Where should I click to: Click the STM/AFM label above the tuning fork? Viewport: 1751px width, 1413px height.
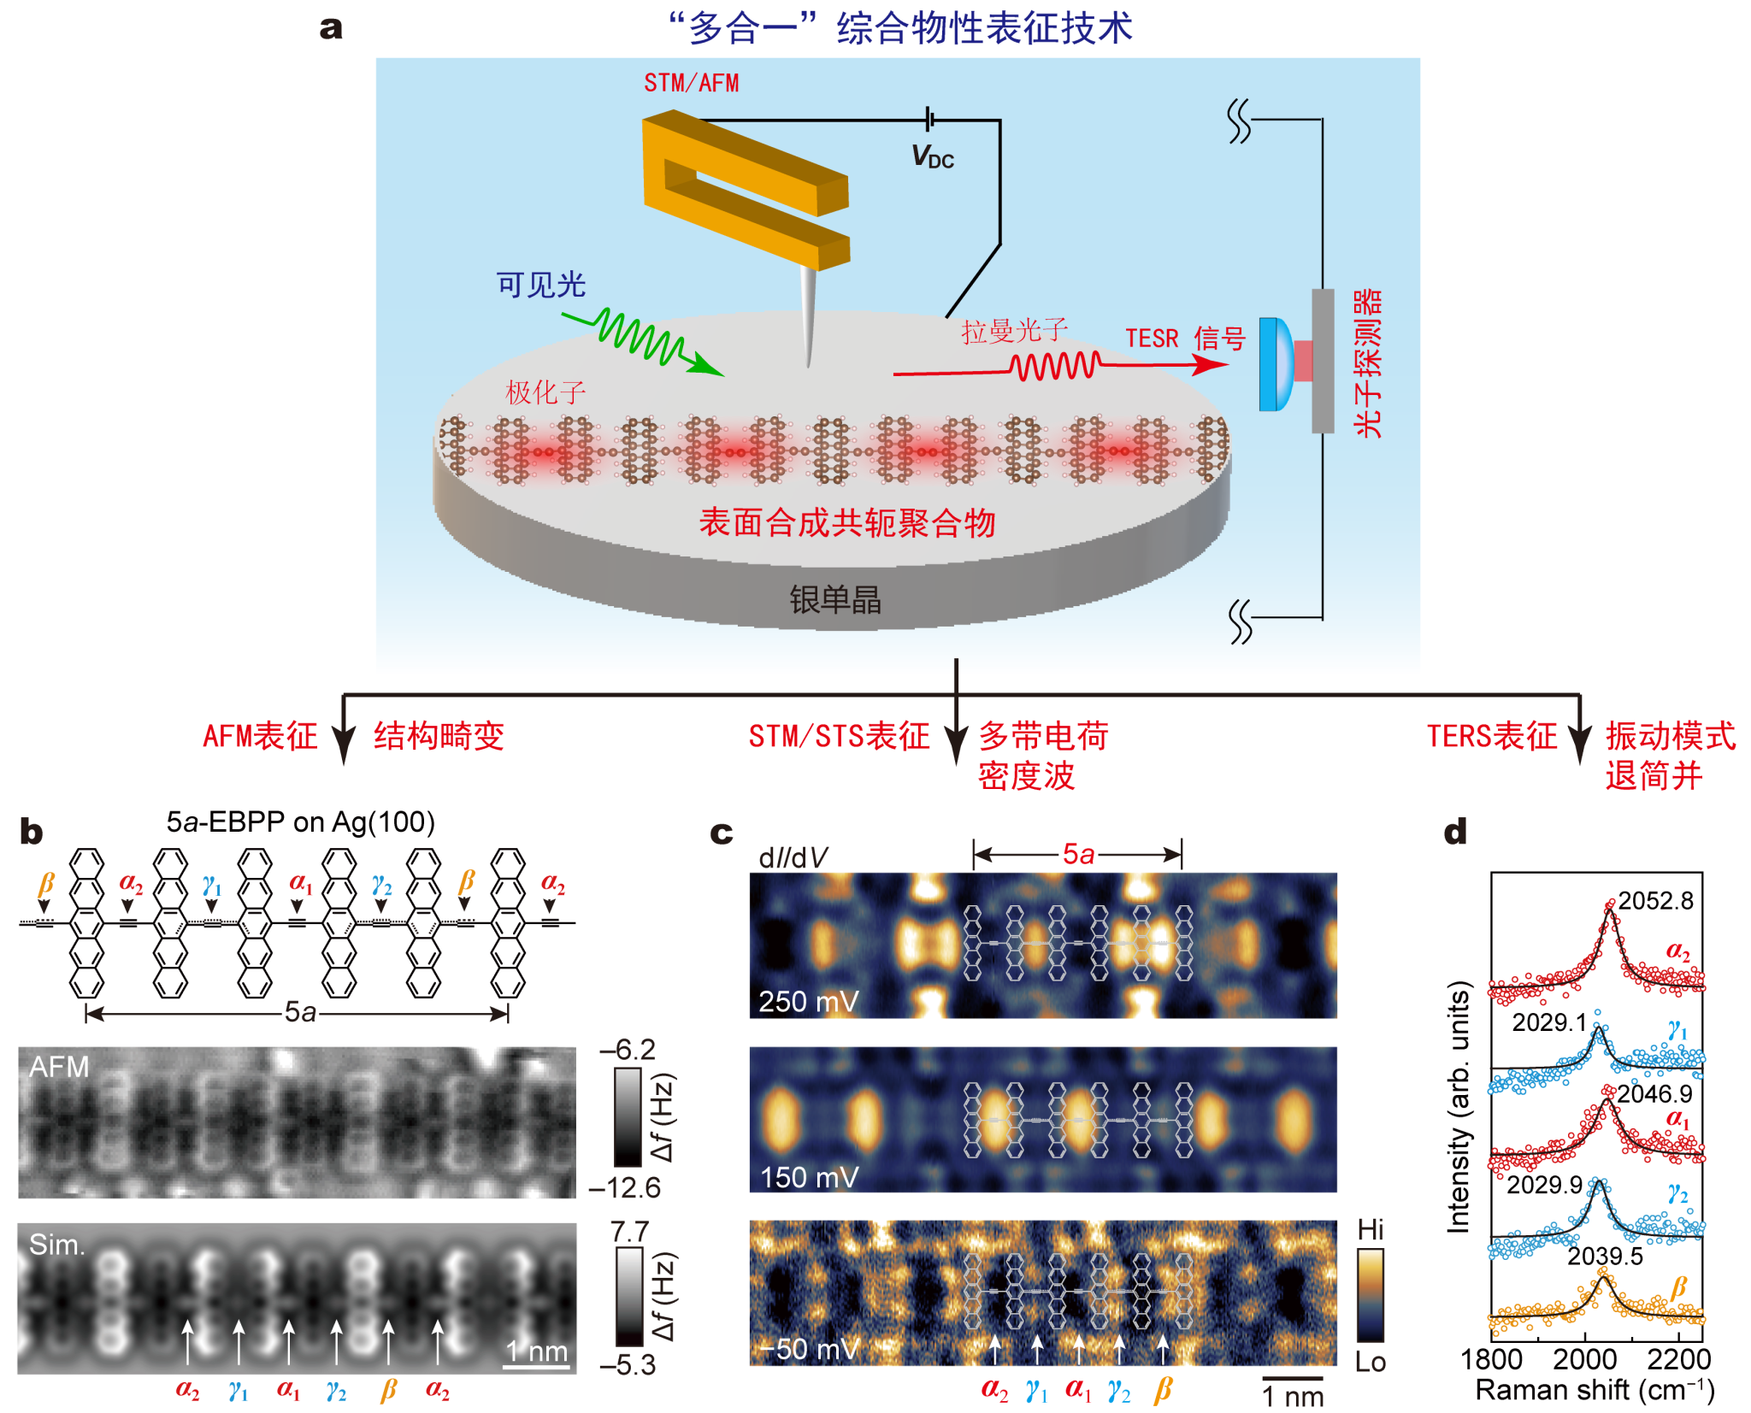point(691,83)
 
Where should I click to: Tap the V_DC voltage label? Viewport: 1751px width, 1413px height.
point(932,156)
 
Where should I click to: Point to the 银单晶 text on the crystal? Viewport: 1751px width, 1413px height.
point(834,599)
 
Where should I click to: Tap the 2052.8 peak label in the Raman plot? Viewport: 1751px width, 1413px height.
point(1655,900)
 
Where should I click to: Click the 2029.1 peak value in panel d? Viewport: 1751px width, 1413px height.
point(1548,1022)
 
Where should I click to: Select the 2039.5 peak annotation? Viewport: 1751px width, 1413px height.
point(1605,1256)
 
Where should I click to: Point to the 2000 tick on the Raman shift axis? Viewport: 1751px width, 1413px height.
point(1584,1359)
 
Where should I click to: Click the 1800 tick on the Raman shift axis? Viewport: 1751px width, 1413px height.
point(1491,1359)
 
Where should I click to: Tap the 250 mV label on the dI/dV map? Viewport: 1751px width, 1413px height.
point(808,1001)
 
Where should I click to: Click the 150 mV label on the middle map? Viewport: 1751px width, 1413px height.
point(809,1177)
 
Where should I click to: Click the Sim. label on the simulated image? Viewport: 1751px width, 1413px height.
point(56,1245)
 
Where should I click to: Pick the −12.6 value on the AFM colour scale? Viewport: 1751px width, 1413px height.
point(625,1187)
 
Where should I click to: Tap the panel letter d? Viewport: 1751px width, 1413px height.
point(1454,831)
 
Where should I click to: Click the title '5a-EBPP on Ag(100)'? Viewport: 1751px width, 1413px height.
point(300,821)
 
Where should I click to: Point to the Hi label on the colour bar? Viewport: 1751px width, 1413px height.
point(1370,1229)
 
